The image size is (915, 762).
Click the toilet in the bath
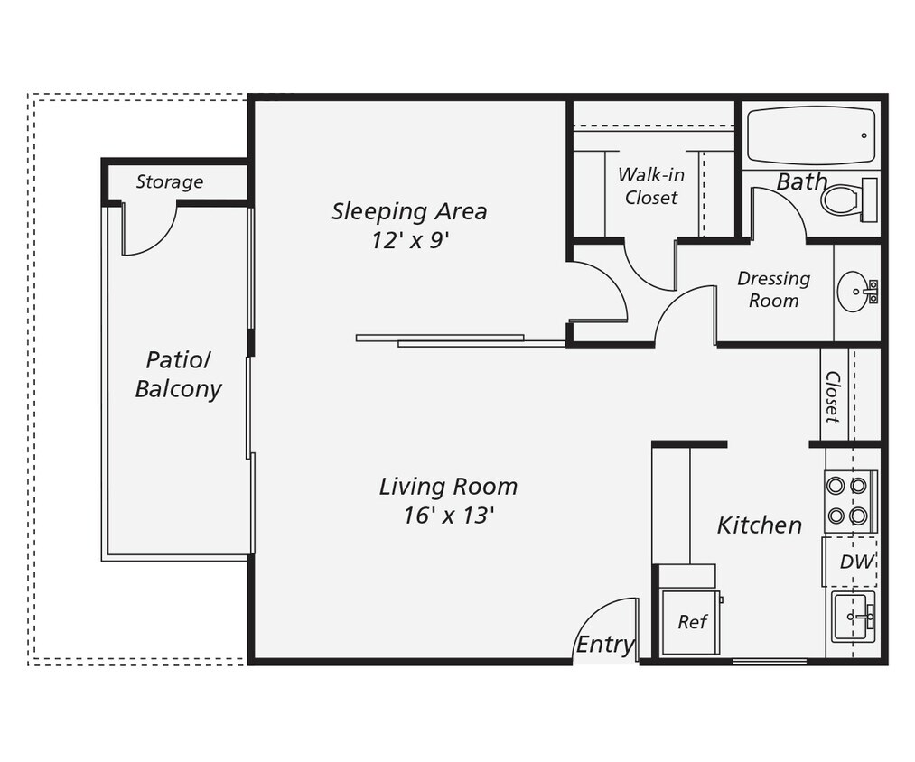tap(846, 200)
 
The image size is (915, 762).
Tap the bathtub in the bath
tap(810, 135)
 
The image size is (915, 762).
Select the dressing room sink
tap(854, 292)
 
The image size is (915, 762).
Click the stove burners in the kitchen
tap(847, 500)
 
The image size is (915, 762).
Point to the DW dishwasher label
tap(855, 562)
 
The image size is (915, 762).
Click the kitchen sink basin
tap(851, 617)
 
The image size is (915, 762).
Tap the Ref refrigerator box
tap(691, 621)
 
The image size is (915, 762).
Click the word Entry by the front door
tap(604, 644)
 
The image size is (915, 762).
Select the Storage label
tap(169, 181)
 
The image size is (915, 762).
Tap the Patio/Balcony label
tap(178, 375)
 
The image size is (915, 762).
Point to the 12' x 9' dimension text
tap(408, 241)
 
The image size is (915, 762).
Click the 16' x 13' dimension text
tap(448, 516)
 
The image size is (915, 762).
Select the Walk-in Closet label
tap(650, 186)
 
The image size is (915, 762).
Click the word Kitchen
tap(759, 525)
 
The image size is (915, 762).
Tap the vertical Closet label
tap(832, 396)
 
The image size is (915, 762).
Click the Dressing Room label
tap(773, 289)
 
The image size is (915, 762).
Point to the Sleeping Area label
tap(408, 211)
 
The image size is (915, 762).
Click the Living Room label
tap(448, 487)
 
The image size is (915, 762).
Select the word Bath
tap(801, 181)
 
